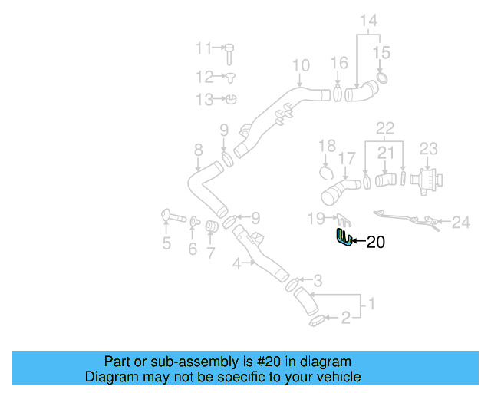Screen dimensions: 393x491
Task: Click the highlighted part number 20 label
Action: (x=375, y=243)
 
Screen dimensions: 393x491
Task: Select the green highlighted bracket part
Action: (x=343, y=239)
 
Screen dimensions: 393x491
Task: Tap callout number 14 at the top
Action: (x=369, y=21)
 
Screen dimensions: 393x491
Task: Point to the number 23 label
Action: (x=428, y=147)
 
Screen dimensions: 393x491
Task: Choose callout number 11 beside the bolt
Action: (x=203, y=49)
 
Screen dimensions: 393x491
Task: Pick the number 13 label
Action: (x=204, y=100)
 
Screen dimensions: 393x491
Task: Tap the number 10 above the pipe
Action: (x=300, y=65)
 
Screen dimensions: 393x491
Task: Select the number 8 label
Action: (x=198, y=150)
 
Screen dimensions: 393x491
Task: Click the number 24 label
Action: (x=460, y=223)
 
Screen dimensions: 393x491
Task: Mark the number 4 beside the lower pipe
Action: (x=238, y=263)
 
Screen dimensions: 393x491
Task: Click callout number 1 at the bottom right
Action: (x=372, y=304)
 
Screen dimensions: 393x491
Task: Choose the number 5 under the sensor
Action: (x=166, y=244)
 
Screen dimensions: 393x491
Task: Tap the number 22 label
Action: (x=384, y=127)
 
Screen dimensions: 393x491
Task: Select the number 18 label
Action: (x=328, y=146)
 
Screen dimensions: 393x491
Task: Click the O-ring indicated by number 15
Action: (x=383, y=78)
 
